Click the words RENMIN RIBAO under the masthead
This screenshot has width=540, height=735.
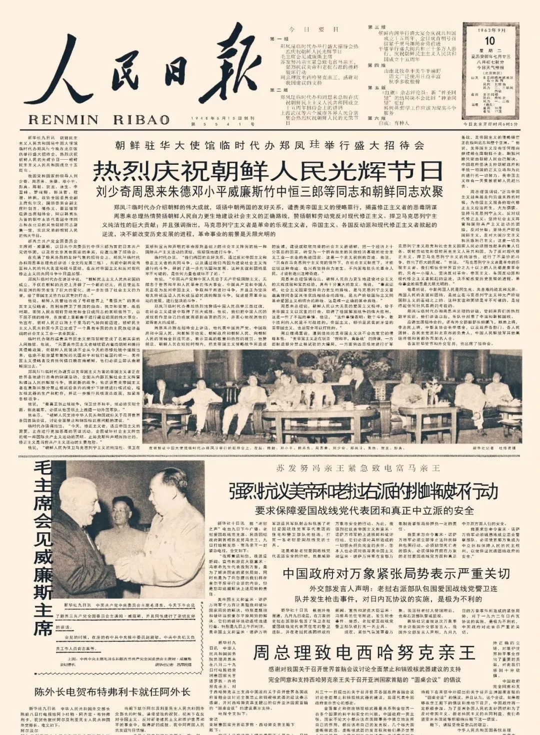98,120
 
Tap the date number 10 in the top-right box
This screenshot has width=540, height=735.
489,41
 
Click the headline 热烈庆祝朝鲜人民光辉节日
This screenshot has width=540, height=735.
268,171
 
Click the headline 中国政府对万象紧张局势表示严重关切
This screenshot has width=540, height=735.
396,573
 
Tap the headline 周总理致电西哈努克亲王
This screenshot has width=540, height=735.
363,652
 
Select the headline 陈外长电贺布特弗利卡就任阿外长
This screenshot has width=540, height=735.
112,692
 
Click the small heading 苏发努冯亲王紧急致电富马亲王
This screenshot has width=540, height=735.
358,468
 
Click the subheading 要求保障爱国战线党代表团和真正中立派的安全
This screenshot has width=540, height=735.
364,511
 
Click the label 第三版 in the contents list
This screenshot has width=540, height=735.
376,27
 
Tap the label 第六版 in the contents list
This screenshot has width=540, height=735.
376,118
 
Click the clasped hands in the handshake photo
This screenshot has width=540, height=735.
122,569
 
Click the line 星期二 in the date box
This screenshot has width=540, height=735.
489,51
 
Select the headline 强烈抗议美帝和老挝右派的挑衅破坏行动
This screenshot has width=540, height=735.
364,492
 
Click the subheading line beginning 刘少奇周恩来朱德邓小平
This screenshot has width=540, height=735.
270,192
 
